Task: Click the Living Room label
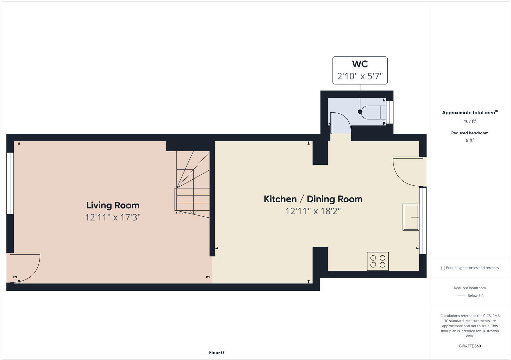[x=113, y=205]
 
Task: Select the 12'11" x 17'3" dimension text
[x=113, y=217]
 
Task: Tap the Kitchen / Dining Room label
[x=313, y=199]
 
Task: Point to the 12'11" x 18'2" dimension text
[x=313, y=211]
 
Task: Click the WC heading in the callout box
[x=360, y=64]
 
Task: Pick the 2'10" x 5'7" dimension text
[x=360, y=76]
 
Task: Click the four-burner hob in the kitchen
[x=378, y=261]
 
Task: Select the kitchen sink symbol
[x=411, y=217]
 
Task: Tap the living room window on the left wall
[x=10, y=183]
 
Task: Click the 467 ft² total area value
[x=470, y=121]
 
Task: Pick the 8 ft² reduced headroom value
[x=470, y=140]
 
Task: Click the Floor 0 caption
[x=217, y=353]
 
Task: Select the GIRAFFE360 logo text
[x=470, y=346]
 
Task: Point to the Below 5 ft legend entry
[x=475, y=296]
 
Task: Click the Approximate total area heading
[x=469, y=113]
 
